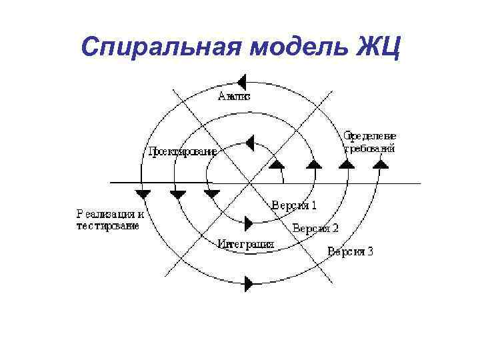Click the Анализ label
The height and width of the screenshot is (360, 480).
point(234,97)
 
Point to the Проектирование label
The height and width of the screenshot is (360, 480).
point(183,151)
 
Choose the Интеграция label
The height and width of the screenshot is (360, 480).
point(246,244)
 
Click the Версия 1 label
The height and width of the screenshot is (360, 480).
point(294,205)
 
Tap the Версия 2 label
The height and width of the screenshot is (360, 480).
point(315,228)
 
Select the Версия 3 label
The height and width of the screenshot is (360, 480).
point(350,251)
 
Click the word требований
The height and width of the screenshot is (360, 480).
point(369,149)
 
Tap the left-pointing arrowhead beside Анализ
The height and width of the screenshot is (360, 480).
point(242,82)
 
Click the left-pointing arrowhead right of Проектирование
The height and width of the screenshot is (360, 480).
point(249,142)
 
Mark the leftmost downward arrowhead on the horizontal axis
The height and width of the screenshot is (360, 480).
point(143,194)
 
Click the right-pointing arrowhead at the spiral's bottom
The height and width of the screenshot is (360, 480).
point(249,283)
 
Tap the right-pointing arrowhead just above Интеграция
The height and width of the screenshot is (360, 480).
point(249,223)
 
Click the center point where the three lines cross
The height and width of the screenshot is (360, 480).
point(250,182)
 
